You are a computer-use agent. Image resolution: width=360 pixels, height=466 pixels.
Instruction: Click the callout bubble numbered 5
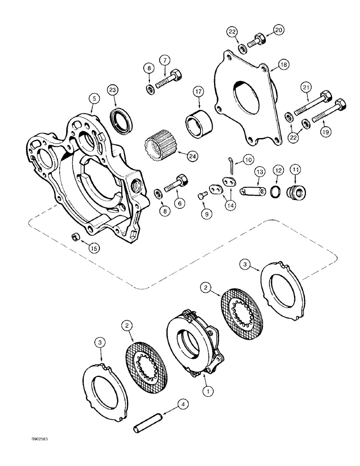[94, 98]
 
